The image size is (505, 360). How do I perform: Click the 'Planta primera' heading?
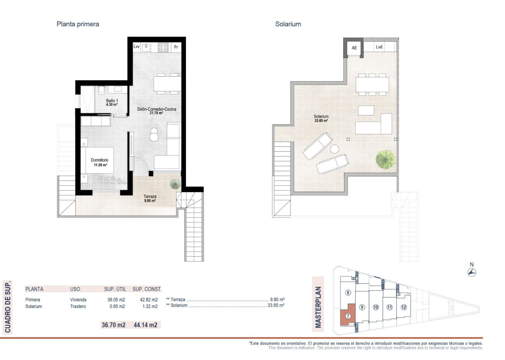pyautogui.click(x=78, y=24)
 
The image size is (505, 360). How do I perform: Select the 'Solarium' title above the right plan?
pyautogui.click(x=288, y=24)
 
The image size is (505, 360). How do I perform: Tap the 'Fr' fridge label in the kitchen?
pyautogui.click(x=176, y=47)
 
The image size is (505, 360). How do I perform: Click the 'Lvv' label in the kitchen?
pyautogui.click(x=136, y=47)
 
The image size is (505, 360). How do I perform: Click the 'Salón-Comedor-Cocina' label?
pyautogui.click(x=157, y=109)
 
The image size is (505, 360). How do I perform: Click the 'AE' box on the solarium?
pyautogui.click(x=354, y=48)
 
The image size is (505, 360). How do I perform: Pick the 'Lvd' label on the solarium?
pyautogui.click(x=379, y=47)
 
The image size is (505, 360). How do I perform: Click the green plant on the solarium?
pyautogui.click(x=385, y=159)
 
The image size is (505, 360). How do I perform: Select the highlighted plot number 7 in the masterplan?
pyautogui.click(x=348, y=316)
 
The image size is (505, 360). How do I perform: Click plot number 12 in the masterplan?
pyautogui.click(x=404, y=307)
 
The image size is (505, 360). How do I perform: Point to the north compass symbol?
pyautogui.click(x=471, y=272)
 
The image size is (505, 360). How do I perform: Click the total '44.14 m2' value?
pyautogui.click(x=145, y=325)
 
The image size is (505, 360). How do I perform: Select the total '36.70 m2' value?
pyautogui.click(x=113, y=325)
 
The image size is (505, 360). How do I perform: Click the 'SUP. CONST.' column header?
pyautogui.click(x=147, y=289)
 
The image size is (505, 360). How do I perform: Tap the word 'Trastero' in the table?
pyautogui.click(x=78, y=306)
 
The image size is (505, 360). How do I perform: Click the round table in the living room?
pyautogui.click(x=154, y=135)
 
